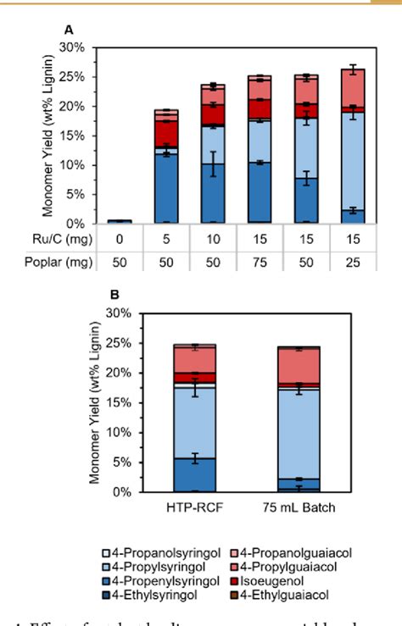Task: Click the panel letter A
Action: coord(68,29)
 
